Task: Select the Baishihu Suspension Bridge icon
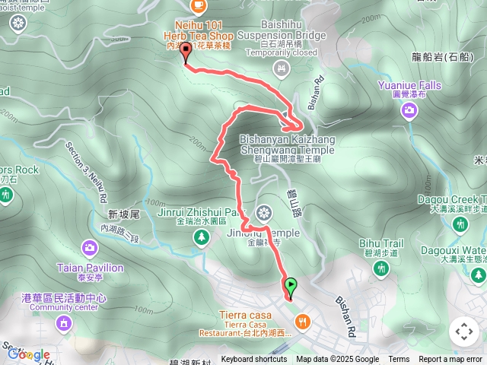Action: [282, 69]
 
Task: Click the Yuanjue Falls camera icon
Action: [409, 112]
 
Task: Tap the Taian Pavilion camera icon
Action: [90, 248]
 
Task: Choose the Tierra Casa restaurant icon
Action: [303, 322]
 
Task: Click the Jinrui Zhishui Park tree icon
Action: [202, 238]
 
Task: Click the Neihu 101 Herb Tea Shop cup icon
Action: [199, 6]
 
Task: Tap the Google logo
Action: [29, 354]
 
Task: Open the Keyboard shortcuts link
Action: [254, 360]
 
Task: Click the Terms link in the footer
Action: [399, 360]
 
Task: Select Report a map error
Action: [451, 360]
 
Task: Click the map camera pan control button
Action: [463, 332]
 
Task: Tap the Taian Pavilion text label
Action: [90, 268]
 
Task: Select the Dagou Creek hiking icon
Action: [460, 224]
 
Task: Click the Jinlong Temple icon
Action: [264, 212]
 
